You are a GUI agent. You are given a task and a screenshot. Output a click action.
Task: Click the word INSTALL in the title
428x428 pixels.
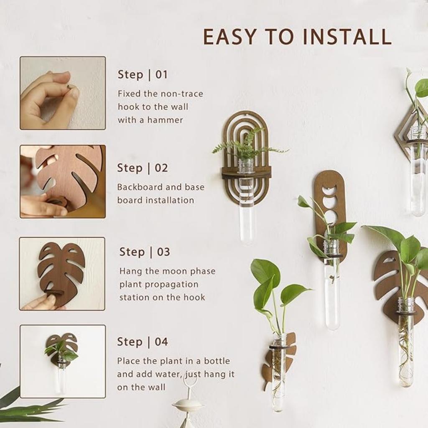click(347, 37)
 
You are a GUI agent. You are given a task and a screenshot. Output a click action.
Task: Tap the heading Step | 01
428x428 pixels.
click(143, 75)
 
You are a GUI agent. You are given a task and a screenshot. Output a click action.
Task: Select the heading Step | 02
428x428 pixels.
click(142, 168)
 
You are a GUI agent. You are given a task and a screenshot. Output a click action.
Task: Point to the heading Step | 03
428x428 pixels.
click(145, 252)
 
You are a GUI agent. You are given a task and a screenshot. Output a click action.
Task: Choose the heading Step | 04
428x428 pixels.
click(142, 342)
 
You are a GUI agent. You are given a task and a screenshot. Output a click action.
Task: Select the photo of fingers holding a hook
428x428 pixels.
click(63, 93)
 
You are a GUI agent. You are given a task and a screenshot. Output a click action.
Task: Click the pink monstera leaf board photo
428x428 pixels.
click(63, 181)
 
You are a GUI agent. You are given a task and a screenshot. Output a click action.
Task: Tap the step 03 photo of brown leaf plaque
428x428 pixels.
click(63, 274)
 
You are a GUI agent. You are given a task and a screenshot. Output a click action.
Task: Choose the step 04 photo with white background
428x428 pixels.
click(63, 362)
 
